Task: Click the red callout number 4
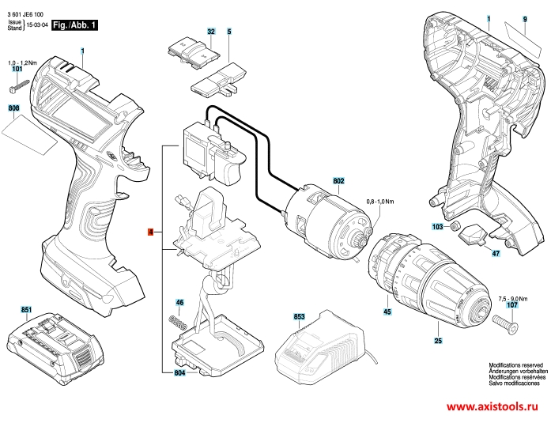point(151,232)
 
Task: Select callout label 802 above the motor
point(338,181)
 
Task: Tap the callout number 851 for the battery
point(26,309)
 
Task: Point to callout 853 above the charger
point(299,316)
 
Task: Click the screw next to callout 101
point(19,86)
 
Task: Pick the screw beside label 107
point(504,323)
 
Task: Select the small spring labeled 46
point(177,322)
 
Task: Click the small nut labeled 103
point(455,225)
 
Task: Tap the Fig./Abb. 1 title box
point(74,25)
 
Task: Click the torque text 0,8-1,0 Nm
point(380,202)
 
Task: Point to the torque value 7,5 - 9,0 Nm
point(513,299)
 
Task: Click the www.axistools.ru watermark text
point(493,407)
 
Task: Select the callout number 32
point(211,32)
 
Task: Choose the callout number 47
point(496,253)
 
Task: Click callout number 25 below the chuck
point(438,341)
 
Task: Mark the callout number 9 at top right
point(525,19)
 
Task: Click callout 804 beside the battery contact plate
point(179,372)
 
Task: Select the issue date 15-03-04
point(37,25)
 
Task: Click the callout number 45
point(387,312)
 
